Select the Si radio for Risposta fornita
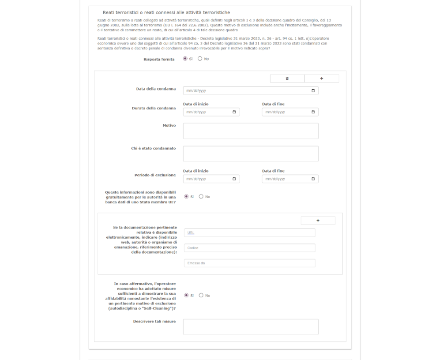coord(185,59)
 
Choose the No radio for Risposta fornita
coord(200,59)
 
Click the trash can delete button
coord(287,79)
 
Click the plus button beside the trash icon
coord(322,79)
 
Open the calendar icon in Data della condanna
coord(313,90)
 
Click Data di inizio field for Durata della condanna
coord(207,112)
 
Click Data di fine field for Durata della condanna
coord(287,112)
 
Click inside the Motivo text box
coord(250,131)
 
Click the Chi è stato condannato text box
coord(250,154)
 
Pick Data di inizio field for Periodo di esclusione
coord(207,179)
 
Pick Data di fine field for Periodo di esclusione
coord(287,179)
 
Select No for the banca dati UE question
coord(201,197)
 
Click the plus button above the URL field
coord(318,221)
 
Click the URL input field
coord(250,232)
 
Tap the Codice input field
coord(250,248)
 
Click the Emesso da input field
coord(250,263)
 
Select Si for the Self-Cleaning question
coord(186,296)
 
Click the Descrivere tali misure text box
coord(250,326)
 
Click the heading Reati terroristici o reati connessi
coord(166,13)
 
